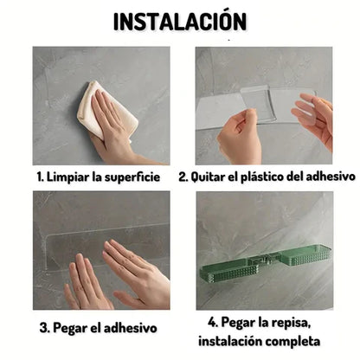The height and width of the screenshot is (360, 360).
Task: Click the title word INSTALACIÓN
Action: (x=180, y=21)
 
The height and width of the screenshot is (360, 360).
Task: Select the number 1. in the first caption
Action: (x=40, y=176)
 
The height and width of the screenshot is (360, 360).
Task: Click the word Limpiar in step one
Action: (x=69, y=176)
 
